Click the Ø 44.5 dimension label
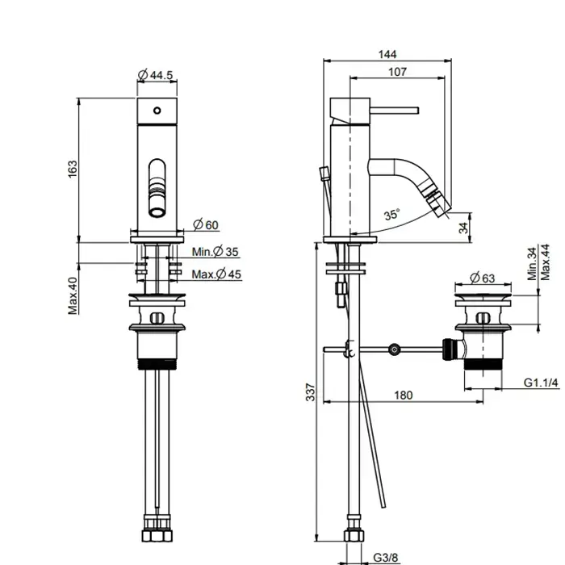pos(156,75)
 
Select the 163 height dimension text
pos(73,169)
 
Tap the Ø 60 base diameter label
pos(206,224)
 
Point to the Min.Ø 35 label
pos(216,252)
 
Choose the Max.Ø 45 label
pos(216,274)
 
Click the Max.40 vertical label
pos(73,295)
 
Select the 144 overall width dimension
pos(387,54)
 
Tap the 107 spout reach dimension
pos(397,72)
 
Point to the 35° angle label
pos(392,215)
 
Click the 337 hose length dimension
pos(310,392)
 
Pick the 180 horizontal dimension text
pos(404,395)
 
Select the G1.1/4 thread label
pos(541,383)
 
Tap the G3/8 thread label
pos(386,558)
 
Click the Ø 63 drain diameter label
pos(483,278)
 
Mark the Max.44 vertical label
pos(545,262)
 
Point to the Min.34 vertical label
pos(532,263)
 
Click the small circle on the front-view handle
pos(157,111)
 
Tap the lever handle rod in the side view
pos(394,111)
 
